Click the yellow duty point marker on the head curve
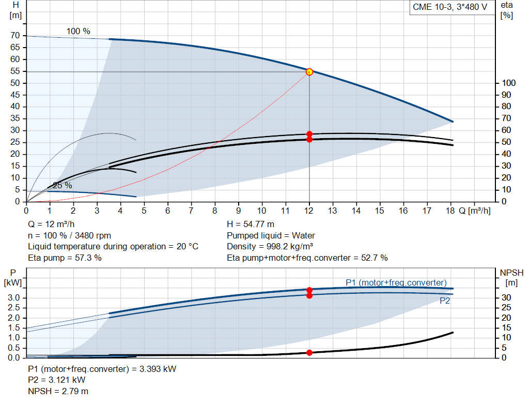point(309,72)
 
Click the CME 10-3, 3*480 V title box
point(449,7)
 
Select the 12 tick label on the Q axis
point(309,211)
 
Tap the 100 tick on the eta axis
point(508,83)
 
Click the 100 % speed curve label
point(78,31)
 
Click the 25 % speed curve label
point(63,185)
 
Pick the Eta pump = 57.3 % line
point(65,257)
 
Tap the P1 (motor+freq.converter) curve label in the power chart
point(396,282)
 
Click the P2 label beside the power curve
point(445,301)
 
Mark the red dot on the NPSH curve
point(309,352)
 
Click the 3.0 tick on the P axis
point(14,297)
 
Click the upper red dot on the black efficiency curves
point(309,134)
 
